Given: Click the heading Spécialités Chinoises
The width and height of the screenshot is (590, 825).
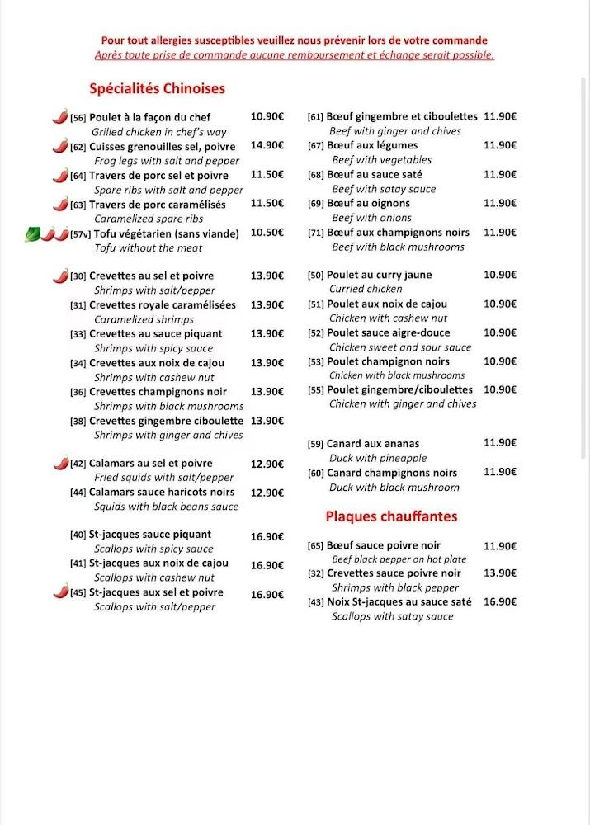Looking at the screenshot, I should [x=157, y=88].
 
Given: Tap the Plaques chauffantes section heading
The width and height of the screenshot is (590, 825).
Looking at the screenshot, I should [x=391, y=516].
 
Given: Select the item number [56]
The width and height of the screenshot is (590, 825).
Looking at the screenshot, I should [x=78, y=118].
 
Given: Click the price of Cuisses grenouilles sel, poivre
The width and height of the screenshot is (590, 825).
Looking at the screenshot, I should [x=267, y=145].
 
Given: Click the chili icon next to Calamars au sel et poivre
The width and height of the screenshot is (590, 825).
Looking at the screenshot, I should [x=60, y=464].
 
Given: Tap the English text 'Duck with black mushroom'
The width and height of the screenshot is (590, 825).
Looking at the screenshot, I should [x=394, y=487].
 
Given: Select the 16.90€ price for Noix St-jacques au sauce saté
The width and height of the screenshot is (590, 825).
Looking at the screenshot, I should [x=500, y=602].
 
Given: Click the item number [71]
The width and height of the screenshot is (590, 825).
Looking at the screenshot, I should [x=315, y=233].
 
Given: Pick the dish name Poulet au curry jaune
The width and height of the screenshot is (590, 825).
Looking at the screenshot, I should [x=379, y=275].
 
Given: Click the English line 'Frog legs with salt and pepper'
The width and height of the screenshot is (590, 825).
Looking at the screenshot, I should [x=166, y=161].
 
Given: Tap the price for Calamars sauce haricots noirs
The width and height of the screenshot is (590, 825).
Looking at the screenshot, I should [x=267, y=493].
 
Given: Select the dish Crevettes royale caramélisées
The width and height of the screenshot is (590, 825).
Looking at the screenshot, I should [x=162, y=304].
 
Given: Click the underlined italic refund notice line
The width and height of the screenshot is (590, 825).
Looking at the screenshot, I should [x=295, y=55].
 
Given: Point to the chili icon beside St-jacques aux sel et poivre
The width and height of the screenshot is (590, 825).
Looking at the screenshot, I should [x=60, y=592].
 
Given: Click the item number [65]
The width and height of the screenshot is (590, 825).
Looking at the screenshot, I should [x=315, y=545].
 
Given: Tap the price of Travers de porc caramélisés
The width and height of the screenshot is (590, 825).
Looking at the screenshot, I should [x=267, y=203].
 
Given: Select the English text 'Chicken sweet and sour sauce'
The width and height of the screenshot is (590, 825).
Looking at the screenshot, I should [x=400, y=347].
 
